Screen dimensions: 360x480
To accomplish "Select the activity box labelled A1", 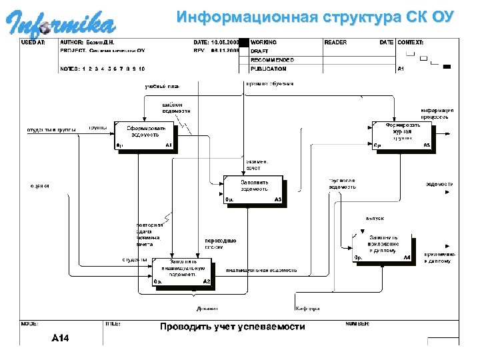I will click(x=143, y=135).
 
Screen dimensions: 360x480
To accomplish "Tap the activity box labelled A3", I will click(x=254, y=189).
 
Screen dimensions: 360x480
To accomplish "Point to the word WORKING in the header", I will click(x=264, y=43).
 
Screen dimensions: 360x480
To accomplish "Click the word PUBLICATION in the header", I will click(x=269, y=69).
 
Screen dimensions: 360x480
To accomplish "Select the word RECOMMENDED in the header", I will click(x=272, y=60).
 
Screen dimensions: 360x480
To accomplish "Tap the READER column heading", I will click(x=336, y=43).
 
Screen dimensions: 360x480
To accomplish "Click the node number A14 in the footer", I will click(x=61, y=338).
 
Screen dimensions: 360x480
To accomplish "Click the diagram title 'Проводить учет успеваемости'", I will click(x=232, y=327).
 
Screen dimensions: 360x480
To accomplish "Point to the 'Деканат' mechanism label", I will click(x=206, y=309).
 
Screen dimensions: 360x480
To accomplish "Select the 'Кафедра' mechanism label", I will click(x=307, y=309).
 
